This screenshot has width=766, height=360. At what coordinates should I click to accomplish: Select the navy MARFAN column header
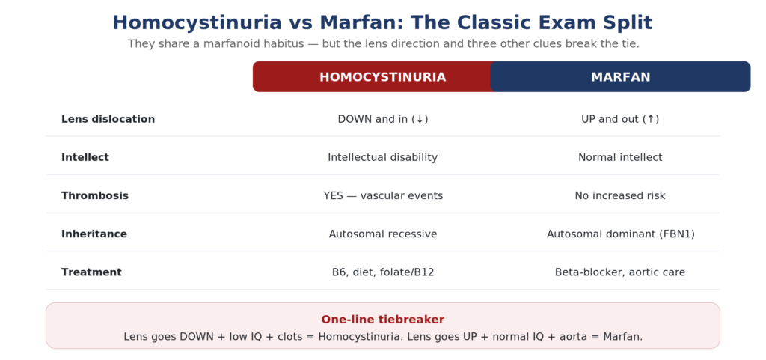tap(620, 77)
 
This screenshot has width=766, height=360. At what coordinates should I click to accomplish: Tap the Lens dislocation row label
tap(108, 119)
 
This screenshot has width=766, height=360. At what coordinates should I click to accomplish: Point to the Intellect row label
tap(85, 157)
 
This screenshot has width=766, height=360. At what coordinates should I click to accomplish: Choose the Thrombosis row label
tap(95, 196)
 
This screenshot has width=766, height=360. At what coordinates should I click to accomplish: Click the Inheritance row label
tap(94, 234)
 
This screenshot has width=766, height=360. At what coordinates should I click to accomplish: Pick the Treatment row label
tap(91, 272)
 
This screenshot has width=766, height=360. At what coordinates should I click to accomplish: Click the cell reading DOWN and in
tap(383, 119)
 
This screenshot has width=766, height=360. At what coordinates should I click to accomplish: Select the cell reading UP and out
tap(620, 119)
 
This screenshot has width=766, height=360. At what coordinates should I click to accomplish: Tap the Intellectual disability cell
tap(382, 157)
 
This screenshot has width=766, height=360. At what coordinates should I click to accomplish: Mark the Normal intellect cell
tap(620, 157)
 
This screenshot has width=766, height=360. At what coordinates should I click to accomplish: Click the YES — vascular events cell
tap(383, 196)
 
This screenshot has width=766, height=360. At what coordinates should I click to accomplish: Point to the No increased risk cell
tap(620, 196)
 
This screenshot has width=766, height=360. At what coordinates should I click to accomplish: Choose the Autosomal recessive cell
tap(383, 234)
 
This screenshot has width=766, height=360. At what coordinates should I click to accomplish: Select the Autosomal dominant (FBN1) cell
tap(620, 234)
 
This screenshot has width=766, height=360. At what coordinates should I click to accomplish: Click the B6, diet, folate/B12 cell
tap(383, 272)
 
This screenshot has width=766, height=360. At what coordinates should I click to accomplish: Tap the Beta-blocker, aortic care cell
tap(620, 272)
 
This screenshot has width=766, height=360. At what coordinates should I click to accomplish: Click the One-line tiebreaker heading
tap(382, 320)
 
